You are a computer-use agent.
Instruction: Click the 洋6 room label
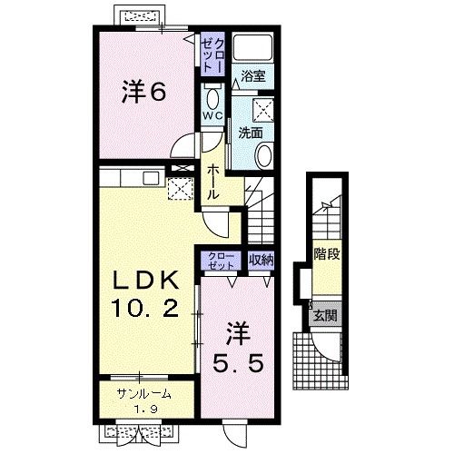coord(144,91)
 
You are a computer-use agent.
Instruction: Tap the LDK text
coord(145,281)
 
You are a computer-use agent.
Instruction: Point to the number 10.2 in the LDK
coord(145,307)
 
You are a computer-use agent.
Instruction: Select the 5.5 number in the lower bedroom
coord(238,363)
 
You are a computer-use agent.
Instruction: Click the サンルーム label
coord(144,394)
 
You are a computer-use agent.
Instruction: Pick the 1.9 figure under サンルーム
coord(146,410)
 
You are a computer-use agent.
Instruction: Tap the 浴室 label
coord(253,75)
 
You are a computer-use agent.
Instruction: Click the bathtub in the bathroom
coord(253,46)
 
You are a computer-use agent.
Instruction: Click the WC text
coord(212,115)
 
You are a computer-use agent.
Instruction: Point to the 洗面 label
coord(250,133)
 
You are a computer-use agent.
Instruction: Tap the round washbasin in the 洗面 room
coord(264,155)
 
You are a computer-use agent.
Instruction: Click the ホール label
coord(212,182)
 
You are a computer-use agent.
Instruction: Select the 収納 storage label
coord(261,260)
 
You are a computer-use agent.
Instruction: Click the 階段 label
coord(327,254)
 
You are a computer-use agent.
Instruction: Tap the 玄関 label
coord(325,316)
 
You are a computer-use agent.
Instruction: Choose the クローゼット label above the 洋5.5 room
coord(222,261)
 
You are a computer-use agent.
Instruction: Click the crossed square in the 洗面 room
coord(263,110)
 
